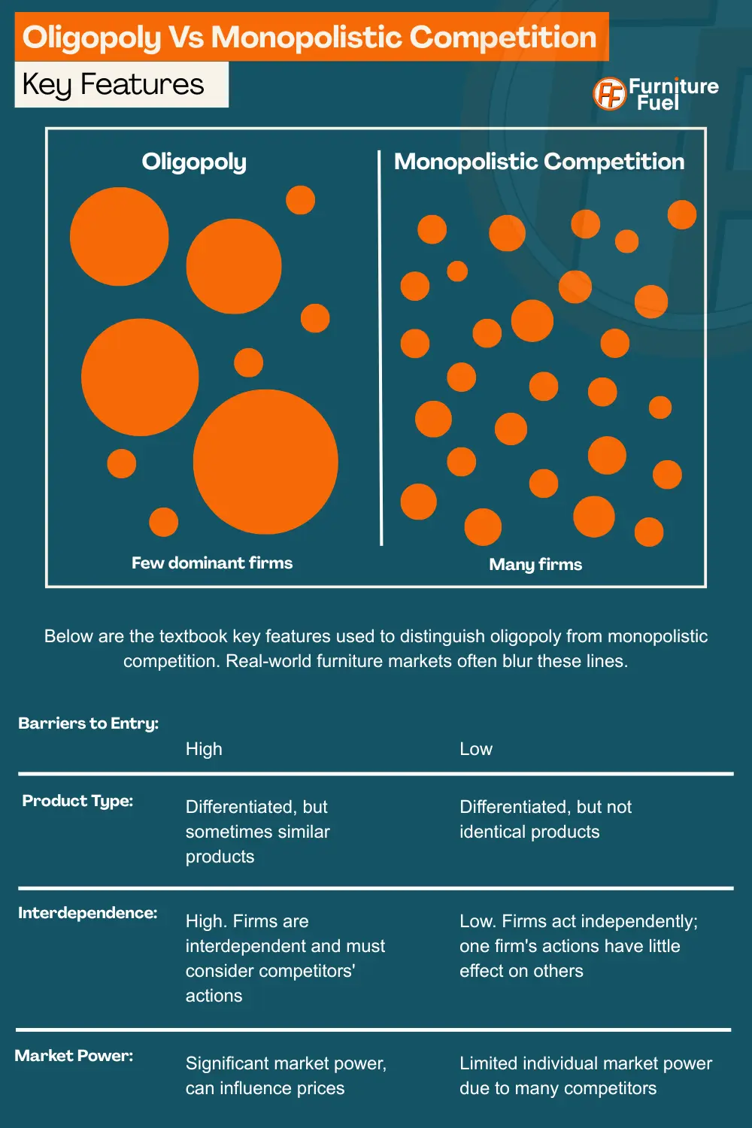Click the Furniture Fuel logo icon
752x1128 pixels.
point(609,94)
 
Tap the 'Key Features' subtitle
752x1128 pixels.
point(114,84)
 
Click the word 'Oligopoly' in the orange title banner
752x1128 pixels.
point(92,38)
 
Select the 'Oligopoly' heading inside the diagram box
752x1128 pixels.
point(194,162)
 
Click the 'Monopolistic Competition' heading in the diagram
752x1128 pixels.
point(539,162)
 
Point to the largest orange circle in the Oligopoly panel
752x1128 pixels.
point(265,462)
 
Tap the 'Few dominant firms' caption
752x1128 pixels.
point(212,562)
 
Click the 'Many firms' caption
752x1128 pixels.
point(535,564)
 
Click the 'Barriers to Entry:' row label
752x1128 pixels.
point(88,723)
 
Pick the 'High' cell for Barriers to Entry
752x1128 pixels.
point(204,749)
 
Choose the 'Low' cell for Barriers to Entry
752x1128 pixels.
point(476,749)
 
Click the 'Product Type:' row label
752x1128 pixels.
point(77,801)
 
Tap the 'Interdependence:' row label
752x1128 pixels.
point(87,913)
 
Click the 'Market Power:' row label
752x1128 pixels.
point(74,1056)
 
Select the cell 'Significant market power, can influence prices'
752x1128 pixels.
point(286,1075)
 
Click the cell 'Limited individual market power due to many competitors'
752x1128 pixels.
point(585,1075)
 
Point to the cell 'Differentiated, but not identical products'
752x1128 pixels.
point(545,819)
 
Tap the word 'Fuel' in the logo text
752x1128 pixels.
point(658,103)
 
